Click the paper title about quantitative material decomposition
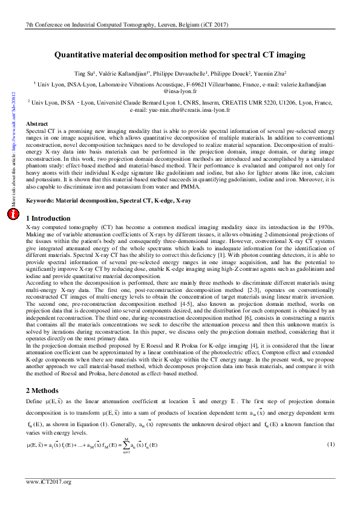(180, 55)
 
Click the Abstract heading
(37, 123)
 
